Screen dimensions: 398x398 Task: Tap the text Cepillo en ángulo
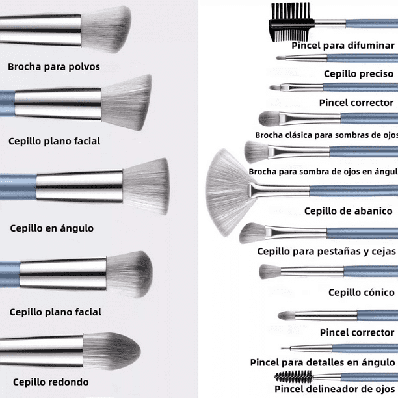click(52, 228)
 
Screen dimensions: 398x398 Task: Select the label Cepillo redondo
click(51, 382)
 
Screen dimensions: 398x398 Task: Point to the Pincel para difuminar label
click(343, 46)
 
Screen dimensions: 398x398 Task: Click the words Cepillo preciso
click(358, 74)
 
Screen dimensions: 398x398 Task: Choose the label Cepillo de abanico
click(349, 211)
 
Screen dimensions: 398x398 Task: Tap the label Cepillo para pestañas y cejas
click(327, 251)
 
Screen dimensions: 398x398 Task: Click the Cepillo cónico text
click(362, 293)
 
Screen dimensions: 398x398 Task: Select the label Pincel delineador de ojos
click(334, 389)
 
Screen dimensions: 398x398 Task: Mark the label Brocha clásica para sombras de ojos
click(326, 135)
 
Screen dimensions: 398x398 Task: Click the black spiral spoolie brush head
click(289, 376)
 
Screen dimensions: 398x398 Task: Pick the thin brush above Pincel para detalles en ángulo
click(325, 348)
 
